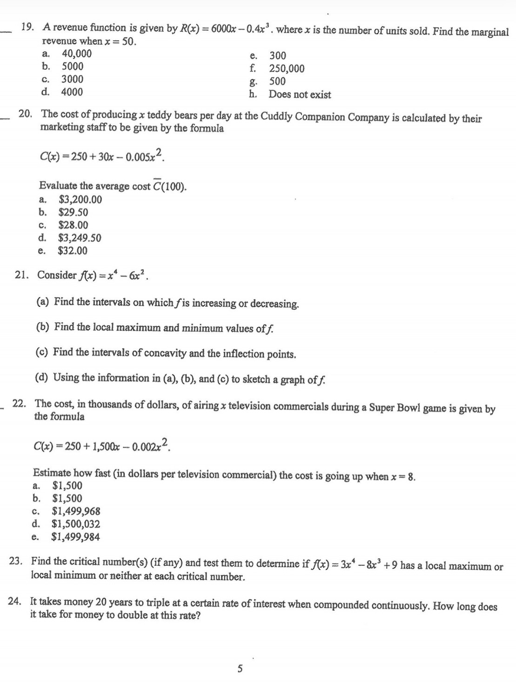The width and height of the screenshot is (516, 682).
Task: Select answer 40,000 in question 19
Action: pyautogui.click(x=77, y=53)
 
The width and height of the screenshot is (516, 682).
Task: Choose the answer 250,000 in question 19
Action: pyautogui.click(x=287, y=69)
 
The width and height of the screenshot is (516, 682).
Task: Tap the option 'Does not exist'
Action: pyautogui.click(x=300, y=94)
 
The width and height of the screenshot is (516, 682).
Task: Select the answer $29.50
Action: pyautogui.click(x=73, y=213)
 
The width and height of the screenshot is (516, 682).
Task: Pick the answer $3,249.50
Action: pyautogui.click(x=79, y=238)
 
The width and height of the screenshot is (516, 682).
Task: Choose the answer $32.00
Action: pyautogui.click(x=72, y=251)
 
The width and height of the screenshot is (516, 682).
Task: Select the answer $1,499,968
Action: pyautogui.click(x=76, y=511)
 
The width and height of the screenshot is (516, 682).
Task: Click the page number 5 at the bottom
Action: pyautogui.click(x=240, y=669)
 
